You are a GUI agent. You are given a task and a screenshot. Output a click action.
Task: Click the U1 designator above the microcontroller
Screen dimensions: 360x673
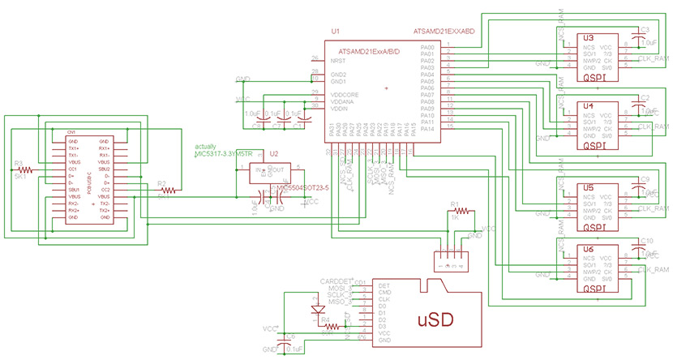tap(336, 30)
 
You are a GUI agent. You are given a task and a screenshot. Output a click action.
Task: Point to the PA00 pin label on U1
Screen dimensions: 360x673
tap(427, 46)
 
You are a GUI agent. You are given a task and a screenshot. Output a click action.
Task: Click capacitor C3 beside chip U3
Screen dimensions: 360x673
tap(645, 36)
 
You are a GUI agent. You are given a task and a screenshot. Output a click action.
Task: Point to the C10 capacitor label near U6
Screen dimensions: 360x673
tap(646, 241)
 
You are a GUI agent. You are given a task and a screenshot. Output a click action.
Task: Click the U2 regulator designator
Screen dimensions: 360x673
tap(273, 152)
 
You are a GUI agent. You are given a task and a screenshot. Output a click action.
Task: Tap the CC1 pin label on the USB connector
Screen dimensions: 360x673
tap(74, 169)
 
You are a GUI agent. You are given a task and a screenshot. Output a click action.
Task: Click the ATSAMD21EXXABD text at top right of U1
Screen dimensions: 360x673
tap(444, 30)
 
